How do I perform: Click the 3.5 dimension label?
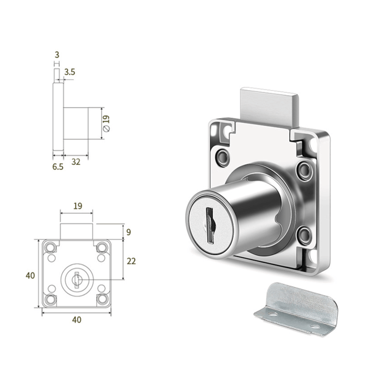tap(70, 72)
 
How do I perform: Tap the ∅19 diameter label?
tap(107, 124)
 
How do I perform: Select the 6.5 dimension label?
tap(58, 167)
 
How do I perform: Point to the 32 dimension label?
tap(76, 162)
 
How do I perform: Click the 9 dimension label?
tap(129, 232)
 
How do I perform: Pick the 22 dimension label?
tap(131, 261)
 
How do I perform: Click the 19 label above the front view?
tap(78, 206)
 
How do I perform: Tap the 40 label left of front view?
tap(30, 275)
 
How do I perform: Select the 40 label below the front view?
tap(76, 320)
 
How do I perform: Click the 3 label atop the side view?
tap(57, 55)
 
